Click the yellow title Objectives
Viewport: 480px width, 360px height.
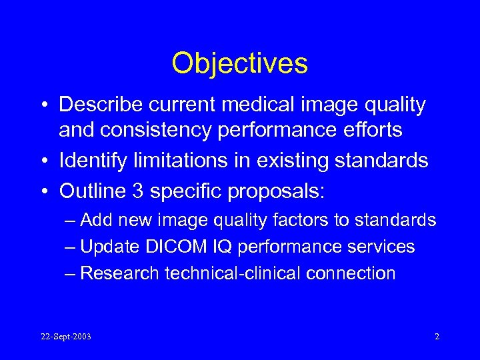coord(239,64)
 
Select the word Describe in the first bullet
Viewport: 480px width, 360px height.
coord(100,105)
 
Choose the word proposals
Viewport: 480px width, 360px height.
coord(275,192)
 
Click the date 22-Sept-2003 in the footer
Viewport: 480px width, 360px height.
coord(65,337)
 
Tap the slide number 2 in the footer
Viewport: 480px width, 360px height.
coord(437,337)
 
